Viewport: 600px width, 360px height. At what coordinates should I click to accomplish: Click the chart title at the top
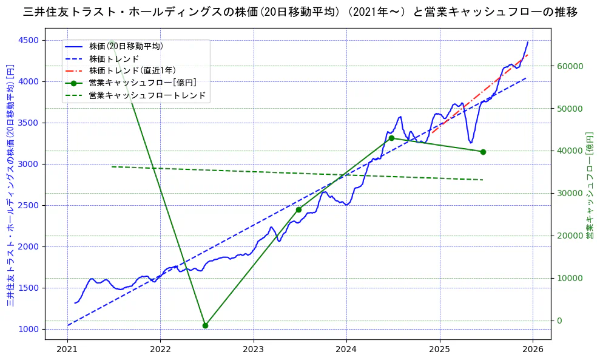(300, 12)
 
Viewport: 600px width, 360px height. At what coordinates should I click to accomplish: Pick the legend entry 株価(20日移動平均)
(126, 46)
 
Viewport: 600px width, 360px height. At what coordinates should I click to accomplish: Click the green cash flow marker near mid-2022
(205, 325)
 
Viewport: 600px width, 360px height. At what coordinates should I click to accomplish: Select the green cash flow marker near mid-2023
(298, 209)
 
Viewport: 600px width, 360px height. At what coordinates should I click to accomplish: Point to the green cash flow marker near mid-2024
(391, 138)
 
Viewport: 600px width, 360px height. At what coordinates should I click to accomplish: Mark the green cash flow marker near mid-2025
(483, 152)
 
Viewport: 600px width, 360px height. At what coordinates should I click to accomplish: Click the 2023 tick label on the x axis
(254, 350)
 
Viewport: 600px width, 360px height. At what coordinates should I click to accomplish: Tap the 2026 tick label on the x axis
(533, 350)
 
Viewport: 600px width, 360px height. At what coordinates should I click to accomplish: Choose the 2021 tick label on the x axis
(67, 350)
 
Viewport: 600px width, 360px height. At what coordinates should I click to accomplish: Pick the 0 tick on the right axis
(560, 321)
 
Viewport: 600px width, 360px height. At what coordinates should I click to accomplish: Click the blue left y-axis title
(10, 185)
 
